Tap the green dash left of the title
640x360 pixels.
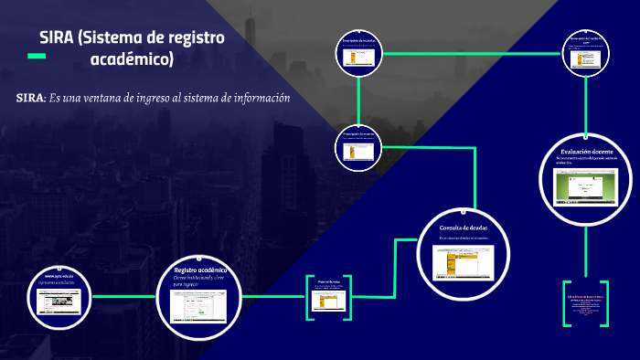pos(37,57)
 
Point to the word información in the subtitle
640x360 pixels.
pos(258,99)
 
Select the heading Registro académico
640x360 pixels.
pos(200,270)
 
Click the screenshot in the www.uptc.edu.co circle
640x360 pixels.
pos(60,302)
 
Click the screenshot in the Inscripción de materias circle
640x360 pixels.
pos(359,57)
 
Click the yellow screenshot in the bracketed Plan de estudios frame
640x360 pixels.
pos(328,298)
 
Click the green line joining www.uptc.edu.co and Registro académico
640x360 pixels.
pos(124,297)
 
